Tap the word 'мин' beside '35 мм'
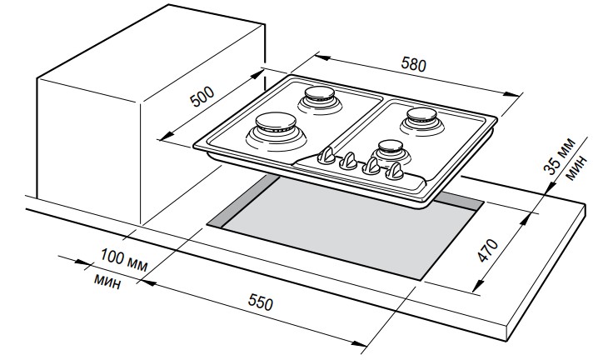click(576, 168)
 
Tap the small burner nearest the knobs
click(389, 150)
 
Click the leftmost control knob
click(329, 155)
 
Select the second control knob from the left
click(351, 159)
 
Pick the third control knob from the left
click(373, 166)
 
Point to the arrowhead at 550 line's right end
click(364, 342)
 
